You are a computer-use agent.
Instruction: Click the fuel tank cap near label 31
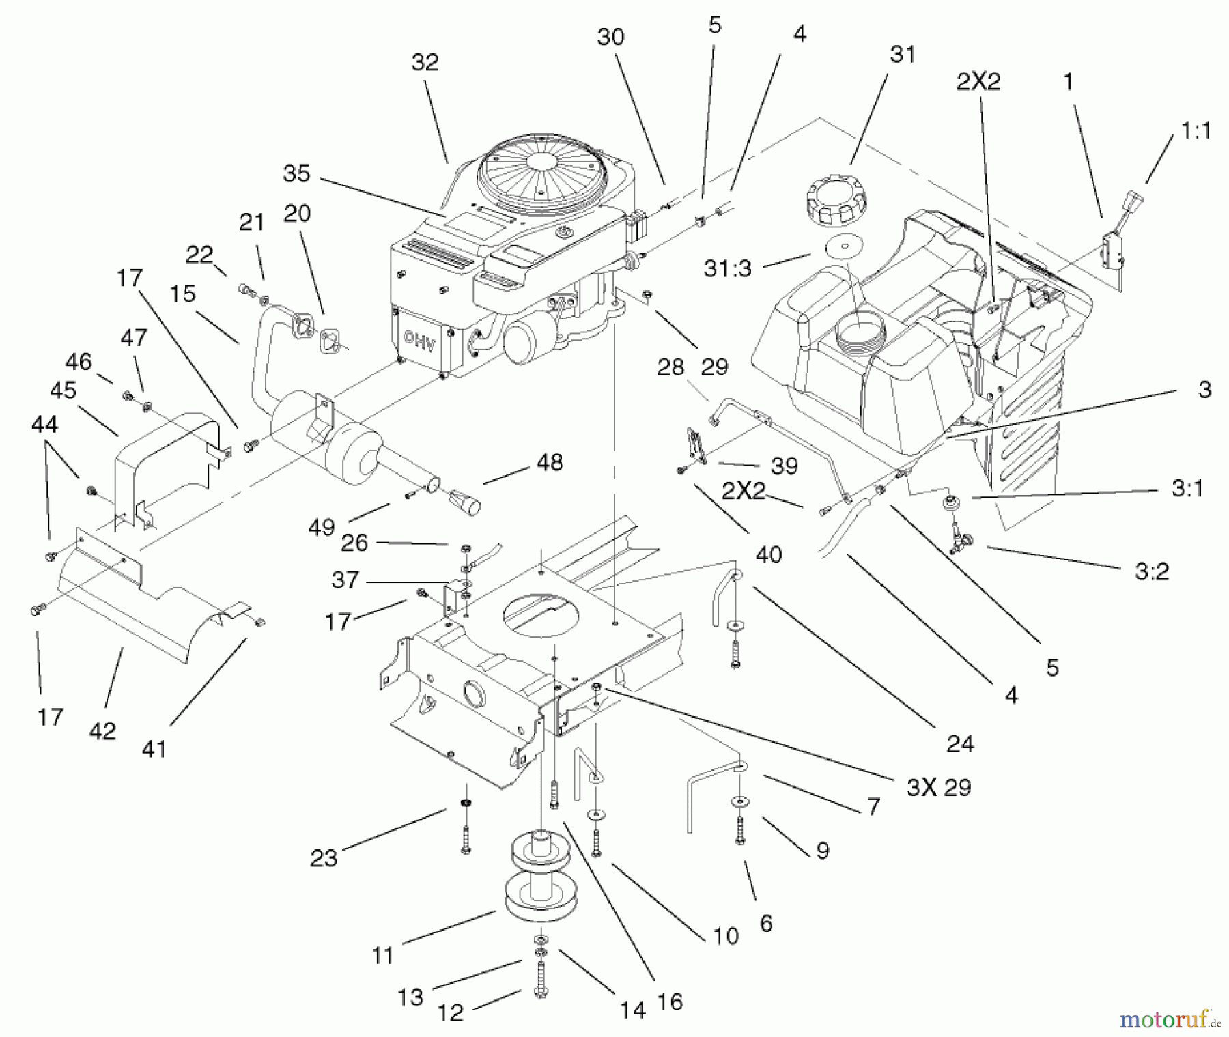[836, 199]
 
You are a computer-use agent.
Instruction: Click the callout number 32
[425, 62]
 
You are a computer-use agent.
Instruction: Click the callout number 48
[549, 462]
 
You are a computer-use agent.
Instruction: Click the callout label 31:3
[727, 268]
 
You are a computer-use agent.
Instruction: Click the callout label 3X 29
[938, 787]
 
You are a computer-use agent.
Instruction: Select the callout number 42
[102, 731]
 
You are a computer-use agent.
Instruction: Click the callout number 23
[324, 857]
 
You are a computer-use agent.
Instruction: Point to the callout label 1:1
[1196, 130]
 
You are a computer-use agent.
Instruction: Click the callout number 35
[296, 173]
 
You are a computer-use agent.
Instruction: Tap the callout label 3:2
[1152, 571]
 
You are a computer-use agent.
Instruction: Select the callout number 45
[63, 390]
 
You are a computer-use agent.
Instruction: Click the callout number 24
[959, 743]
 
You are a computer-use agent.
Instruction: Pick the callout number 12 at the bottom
[450, 1012]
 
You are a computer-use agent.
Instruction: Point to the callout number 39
[784, 466]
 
